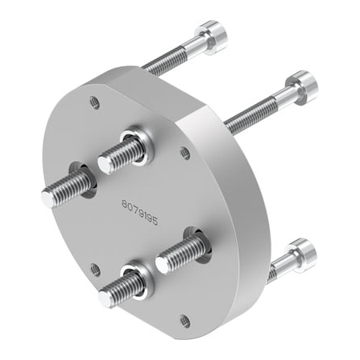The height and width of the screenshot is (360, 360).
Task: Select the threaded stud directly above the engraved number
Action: pos(124,151)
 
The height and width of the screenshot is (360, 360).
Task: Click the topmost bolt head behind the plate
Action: pos(211,36)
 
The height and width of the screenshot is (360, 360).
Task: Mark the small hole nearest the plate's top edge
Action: pos(95,102)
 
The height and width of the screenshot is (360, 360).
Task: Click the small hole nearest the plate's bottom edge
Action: pos(185,320)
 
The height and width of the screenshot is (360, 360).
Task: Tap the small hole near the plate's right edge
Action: pos(186,150)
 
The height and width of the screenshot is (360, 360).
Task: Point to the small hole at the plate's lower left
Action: pos(95,270)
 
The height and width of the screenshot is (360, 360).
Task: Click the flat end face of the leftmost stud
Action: pos(49,198)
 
